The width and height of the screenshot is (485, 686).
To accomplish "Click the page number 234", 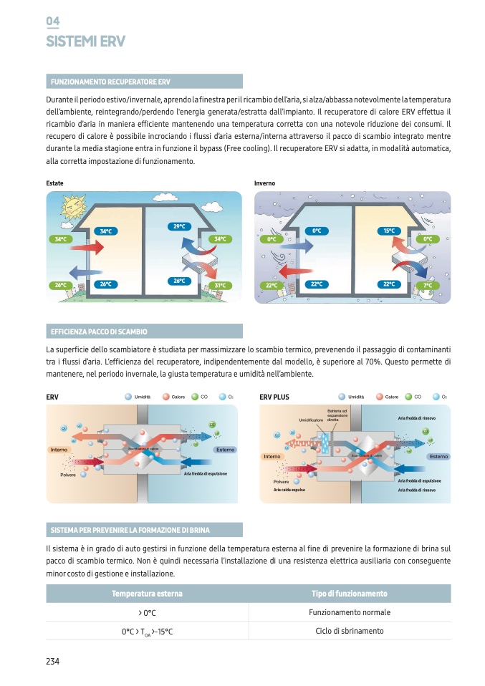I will (x=52, y=661).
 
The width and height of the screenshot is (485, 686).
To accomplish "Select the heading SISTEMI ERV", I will (x=85, y=42).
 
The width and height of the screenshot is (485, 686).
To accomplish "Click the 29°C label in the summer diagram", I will (x=180, y=227).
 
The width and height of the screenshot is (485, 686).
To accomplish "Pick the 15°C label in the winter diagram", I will (x=389, y=231).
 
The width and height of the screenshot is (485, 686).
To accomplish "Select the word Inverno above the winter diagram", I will (x=264, y=183).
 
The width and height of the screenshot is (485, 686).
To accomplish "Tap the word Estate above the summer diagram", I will (x=54, y=183).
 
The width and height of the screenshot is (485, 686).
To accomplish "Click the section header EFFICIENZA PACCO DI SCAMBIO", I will (x=99, y=332).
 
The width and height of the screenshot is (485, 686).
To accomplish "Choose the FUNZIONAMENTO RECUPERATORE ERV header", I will (x=110, y=82).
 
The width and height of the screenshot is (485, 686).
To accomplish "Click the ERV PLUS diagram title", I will (x=274, y=396).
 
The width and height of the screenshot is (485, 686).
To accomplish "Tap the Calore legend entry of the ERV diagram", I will (x=174, y=396).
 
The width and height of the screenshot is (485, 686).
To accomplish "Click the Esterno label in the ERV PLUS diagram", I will (x=438, y=456).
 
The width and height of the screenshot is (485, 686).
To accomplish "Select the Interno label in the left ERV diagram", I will (x=59, y=450).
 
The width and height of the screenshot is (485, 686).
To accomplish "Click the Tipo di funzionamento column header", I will (x=350, y=594).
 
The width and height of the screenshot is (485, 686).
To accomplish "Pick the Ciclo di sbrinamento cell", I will (x=350, y=631).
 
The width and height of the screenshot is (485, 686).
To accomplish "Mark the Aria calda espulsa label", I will (x=289, y=490).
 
